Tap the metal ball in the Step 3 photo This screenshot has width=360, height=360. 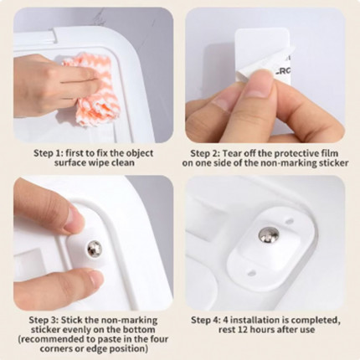click(95, 249)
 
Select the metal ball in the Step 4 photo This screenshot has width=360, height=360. click(269, 235)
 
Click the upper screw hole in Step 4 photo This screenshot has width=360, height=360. click(291, 222)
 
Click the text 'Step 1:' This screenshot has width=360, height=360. click(47, 153)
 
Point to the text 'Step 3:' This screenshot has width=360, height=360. click(44, 320)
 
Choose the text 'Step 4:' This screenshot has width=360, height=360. click(206, 320)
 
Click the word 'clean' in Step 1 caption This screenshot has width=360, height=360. click(123, 162)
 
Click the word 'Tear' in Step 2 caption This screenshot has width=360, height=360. click(233, 153)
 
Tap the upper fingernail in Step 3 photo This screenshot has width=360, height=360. click(75, 218)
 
